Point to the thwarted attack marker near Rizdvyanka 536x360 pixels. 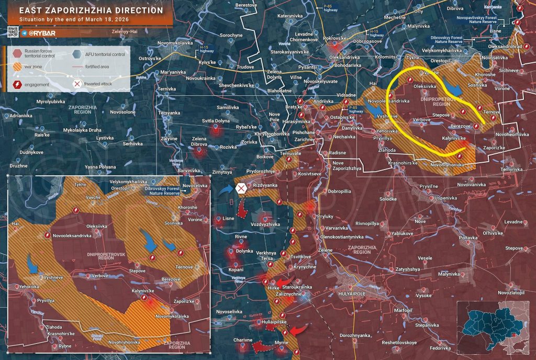pos(241,188)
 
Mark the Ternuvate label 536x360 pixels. pos(291,153)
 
